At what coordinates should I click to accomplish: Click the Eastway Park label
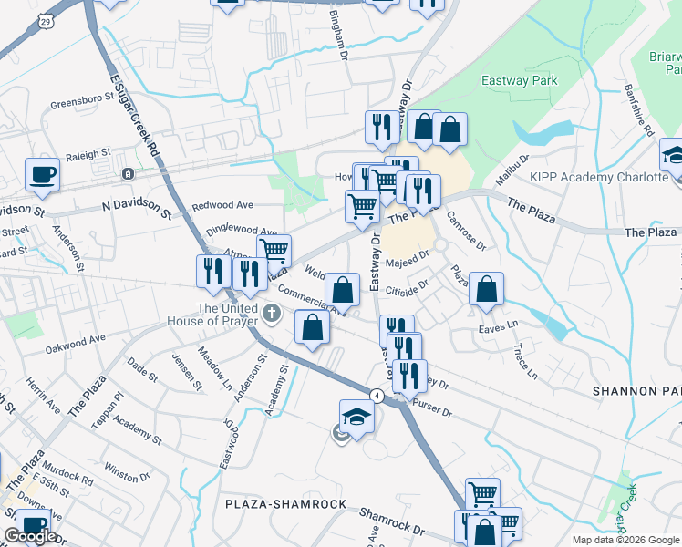tap(519, 81)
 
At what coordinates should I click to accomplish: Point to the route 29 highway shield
tap(45, 19)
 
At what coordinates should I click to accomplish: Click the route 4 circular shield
tap(376, 395)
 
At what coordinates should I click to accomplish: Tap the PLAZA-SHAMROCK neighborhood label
tap(286, 504)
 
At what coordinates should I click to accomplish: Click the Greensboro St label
tap(79, 103)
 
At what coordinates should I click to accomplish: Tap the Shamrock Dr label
tap(392, 523)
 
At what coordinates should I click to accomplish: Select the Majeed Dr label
tap(407, 263)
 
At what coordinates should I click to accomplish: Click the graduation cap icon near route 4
tap(356, 418)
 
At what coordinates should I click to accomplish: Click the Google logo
tap(30, 536)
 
